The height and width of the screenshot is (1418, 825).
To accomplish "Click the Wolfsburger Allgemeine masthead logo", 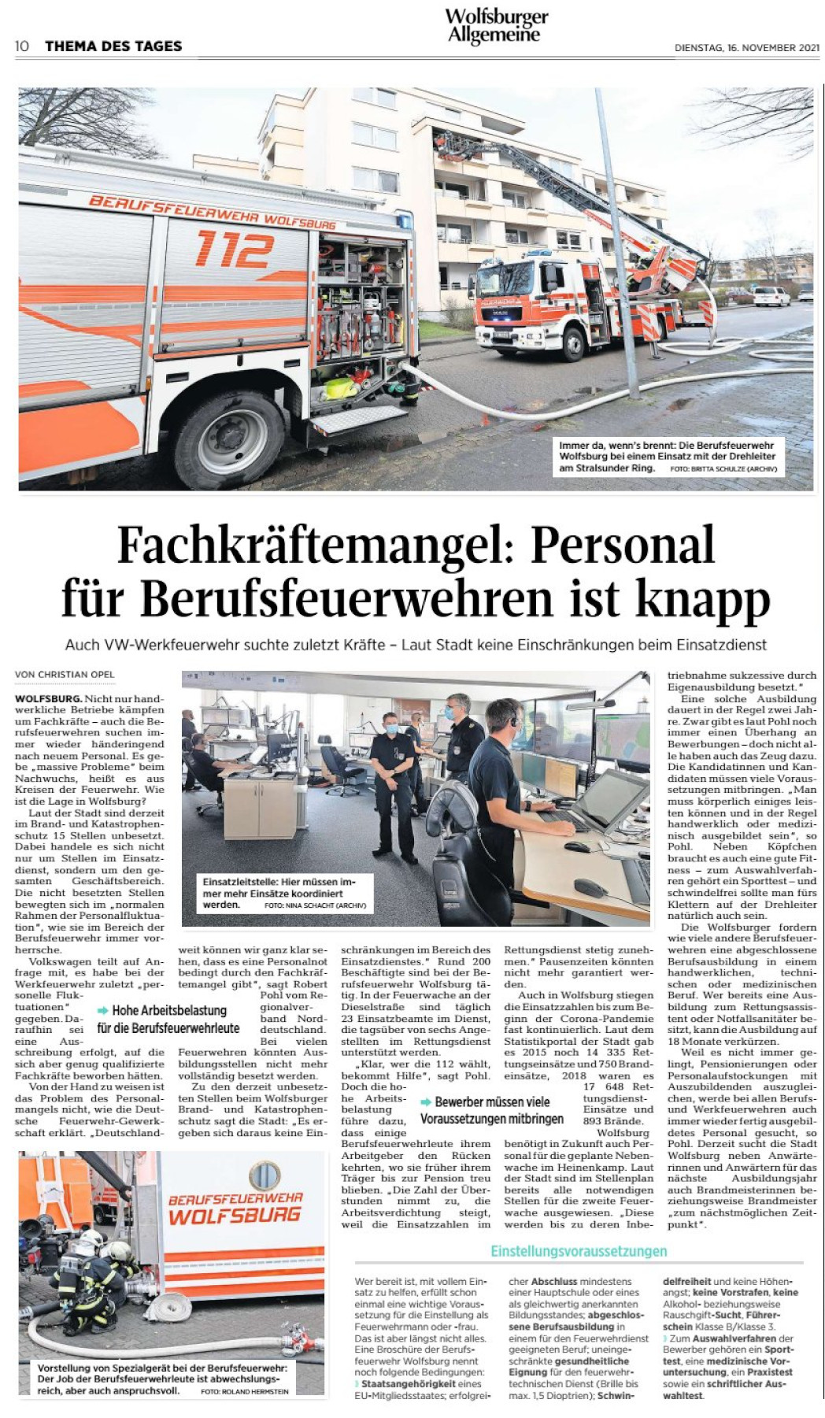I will [x=496, y=26].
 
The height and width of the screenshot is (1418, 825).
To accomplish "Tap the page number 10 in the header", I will [x=22, y=46].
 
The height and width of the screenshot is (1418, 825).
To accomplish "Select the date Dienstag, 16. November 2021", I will [x=746, y=48].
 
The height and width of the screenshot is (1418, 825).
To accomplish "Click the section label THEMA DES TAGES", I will [x=113, y=46].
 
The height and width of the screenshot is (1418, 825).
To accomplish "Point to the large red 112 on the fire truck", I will [x=234, y=249].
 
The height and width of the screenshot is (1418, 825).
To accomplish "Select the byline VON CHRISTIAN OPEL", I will [x=65, y=675].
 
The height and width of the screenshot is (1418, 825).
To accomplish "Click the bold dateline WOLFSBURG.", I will [x=48, y=699].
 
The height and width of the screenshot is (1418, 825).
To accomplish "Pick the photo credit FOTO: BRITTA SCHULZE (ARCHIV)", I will [x=723, y=469].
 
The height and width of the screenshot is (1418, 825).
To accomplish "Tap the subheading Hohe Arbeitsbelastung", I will [x=168, y=1011].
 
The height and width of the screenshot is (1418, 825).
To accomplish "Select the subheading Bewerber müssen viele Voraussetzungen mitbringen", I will [x=492, y=1110].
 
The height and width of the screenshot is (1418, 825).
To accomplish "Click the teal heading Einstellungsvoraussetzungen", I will [x=579, y=1251].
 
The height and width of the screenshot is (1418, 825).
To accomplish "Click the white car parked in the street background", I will [x=770, y=296].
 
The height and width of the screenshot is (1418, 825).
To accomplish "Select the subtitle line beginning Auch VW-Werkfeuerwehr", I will [x=416, y=645].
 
